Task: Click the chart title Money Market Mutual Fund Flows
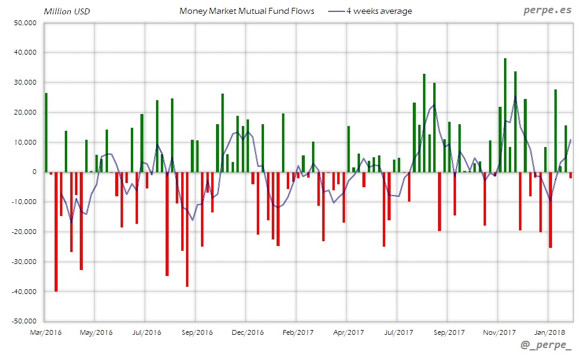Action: coord(247,11)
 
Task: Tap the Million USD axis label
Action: coord(66,11)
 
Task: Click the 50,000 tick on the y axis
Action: coord(25,23)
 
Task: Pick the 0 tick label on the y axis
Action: coord(34,172)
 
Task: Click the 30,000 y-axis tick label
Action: coord(25,83)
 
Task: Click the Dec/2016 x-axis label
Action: coord(247,332)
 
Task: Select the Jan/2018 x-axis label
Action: coord(549,332)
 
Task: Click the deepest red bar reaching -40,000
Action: coord(56,231)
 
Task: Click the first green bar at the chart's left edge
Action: coord(46,132)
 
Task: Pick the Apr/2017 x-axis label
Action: coord(347,332)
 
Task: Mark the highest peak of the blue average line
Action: coord(515,96)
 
